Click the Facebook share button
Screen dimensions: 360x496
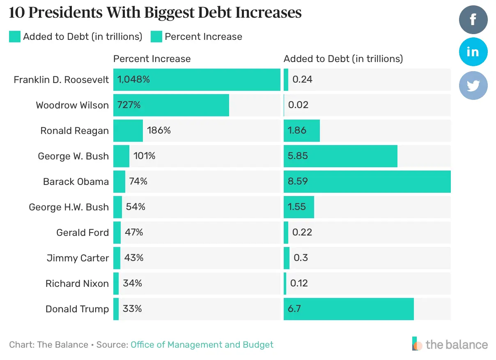[473, 19]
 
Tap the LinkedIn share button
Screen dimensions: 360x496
[473, 52]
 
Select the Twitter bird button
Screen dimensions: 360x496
[473, 85]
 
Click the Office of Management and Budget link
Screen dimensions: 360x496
[202, 344]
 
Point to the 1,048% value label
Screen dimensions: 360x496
[133, 79]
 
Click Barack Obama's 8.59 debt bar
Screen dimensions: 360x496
[367, 182]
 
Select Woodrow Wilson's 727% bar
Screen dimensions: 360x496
[171, 105]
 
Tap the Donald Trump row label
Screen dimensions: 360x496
[77, 309]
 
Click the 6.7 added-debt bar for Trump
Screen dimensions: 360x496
[348, 309]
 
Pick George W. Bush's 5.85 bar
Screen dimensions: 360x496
[340, 156]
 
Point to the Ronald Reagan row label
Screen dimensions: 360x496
[74, 131]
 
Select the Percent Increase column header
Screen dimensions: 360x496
[152, 59]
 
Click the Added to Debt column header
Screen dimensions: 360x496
[343, 59]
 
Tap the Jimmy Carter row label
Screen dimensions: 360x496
[78, 258]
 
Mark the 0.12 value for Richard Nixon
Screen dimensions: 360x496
[299, 284]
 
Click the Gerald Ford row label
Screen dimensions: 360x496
[83, 233]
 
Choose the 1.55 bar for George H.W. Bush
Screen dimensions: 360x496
[299, 207]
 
